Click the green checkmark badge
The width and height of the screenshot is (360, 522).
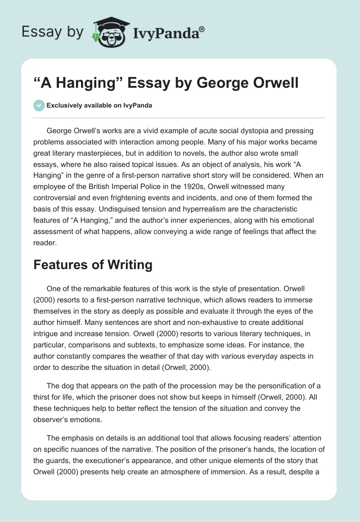click(39, 105)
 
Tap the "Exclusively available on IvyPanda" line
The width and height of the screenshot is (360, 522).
click(99, 106)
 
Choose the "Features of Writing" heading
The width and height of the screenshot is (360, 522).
click(93, 265)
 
